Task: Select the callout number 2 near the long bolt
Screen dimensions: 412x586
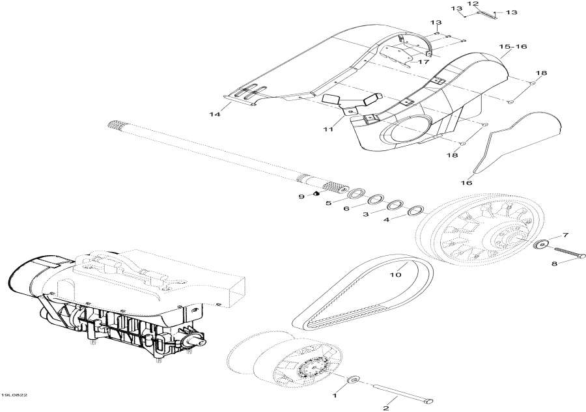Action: [385, 408]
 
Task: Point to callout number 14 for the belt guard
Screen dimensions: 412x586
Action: [214, 115]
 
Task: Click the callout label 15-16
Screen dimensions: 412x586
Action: [513, 47]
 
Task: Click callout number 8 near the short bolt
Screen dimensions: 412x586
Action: [555, 264]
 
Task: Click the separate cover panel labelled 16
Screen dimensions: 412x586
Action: [514, 143]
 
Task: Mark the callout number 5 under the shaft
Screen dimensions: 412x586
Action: [328, 202]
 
